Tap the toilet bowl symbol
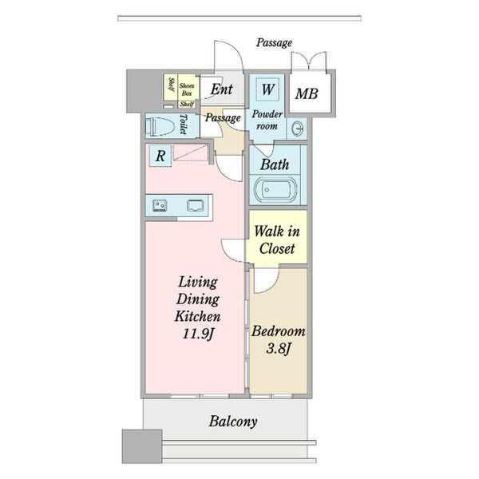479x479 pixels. (x=160, y=126)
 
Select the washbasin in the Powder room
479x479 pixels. (x=297, y=128)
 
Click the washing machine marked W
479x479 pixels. (x=267, y=89)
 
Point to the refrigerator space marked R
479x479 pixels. (x=160, y=156)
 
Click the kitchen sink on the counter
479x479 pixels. (x=196, y=205)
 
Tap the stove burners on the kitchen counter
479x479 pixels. (x=160, y=205)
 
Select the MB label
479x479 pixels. (x=307, y=93)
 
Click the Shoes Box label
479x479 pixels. (x=187, y=89)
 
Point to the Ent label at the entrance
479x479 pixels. (x=222, y=89)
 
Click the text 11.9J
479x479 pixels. (x=198, y=333)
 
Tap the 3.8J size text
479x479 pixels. (x=278, y=349)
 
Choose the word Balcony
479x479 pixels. (x=233, y=422)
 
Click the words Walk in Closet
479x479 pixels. (x=277, y=239)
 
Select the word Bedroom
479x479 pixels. (x=279, y=331)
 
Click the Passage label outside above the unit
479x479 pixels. (x=274, y=43)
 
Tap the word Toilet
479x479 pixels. (x=184, y=125)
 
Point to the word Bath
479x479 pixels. (x=275, y=165)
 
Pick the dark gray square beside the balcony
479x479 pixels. (x=142, y=446)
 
